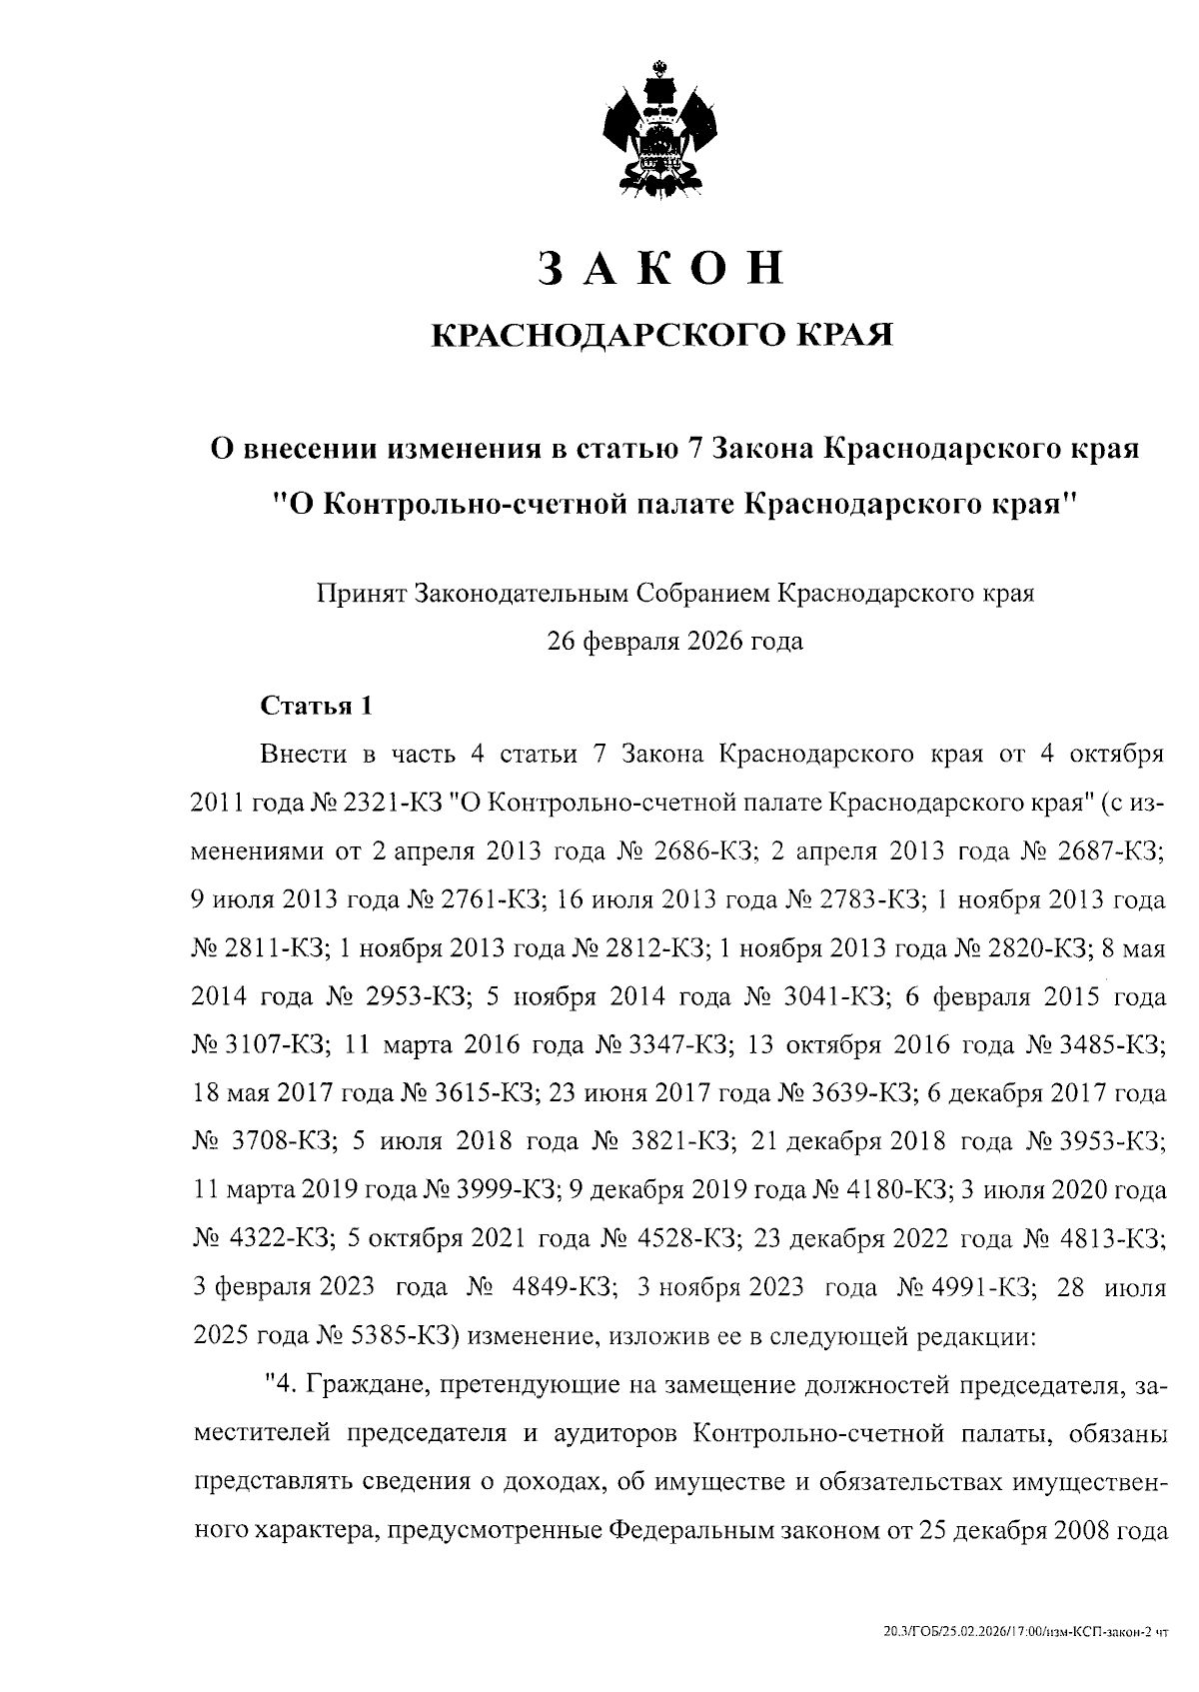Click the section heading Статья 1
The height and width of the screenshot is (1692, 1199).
(316, 706)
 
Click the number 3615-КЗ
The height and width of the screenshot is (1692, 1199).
(488, 1093)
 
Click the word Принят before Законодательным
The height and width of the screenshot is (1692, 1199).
(360, 593)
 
